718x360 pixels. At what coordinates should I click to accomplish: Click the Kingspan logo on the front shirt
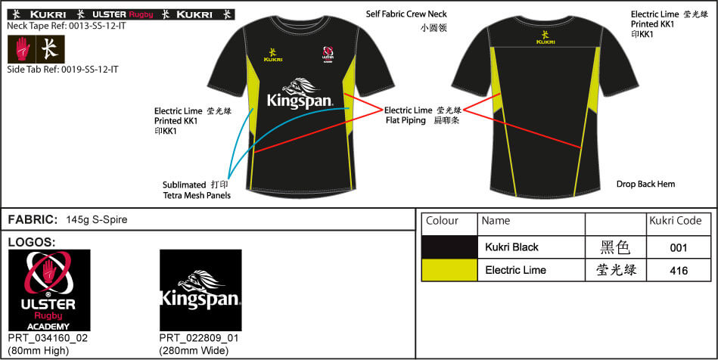click(x=300, y=94)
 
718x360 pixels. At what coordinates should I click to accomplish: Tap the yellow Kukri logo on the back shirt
click(x=545, y=38)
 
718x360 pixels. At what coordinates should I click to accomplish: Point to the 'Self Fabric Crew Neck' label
click(x=406, y=14)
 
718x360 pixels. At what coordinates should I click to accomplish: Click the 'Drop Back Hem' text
click(x=645, y=184)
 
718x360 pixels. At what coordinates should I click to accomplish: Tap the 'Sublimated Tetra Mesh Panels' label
click(x=197, y=190)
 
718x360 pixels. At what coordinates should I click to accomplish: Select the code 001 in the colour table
click(x=678, y=248)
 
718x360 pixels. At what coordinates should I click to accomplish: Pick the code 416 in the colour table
click(x=678, y=271)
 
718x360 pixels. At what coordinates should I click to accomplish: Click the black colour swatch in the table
click(x=449, y=247)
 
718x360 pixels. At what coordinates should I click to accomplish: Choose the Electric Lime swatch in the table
click(x=449, y=270)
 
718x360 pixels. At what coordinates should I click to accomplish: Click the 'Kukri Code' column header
click(x=676, y=221)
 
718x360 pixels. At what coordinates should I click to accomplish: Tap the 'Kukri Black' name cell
click(x=512, y=247)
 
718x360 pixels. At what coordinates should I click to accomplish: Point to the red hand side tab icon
click(x=23, y=49)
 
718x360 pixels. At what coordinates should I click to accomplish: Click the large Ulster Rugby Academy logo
click(x=49, y=290)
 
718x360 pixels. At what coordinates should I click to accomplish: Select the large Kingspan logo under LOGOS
click(x=200, y=290)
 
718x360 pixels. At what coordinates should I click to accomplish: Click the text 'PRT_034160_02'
click(x=48, y=339)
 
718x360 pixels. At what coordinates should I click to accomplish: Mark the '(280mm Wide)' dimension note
click(x=193, y=351)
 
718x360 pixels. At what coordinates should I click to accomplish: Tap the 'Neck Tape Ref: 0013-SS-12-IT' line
click(x=67, y=26)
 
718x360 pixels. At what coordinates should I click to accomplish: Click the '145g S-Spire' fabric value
click(x=97, y=220)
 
